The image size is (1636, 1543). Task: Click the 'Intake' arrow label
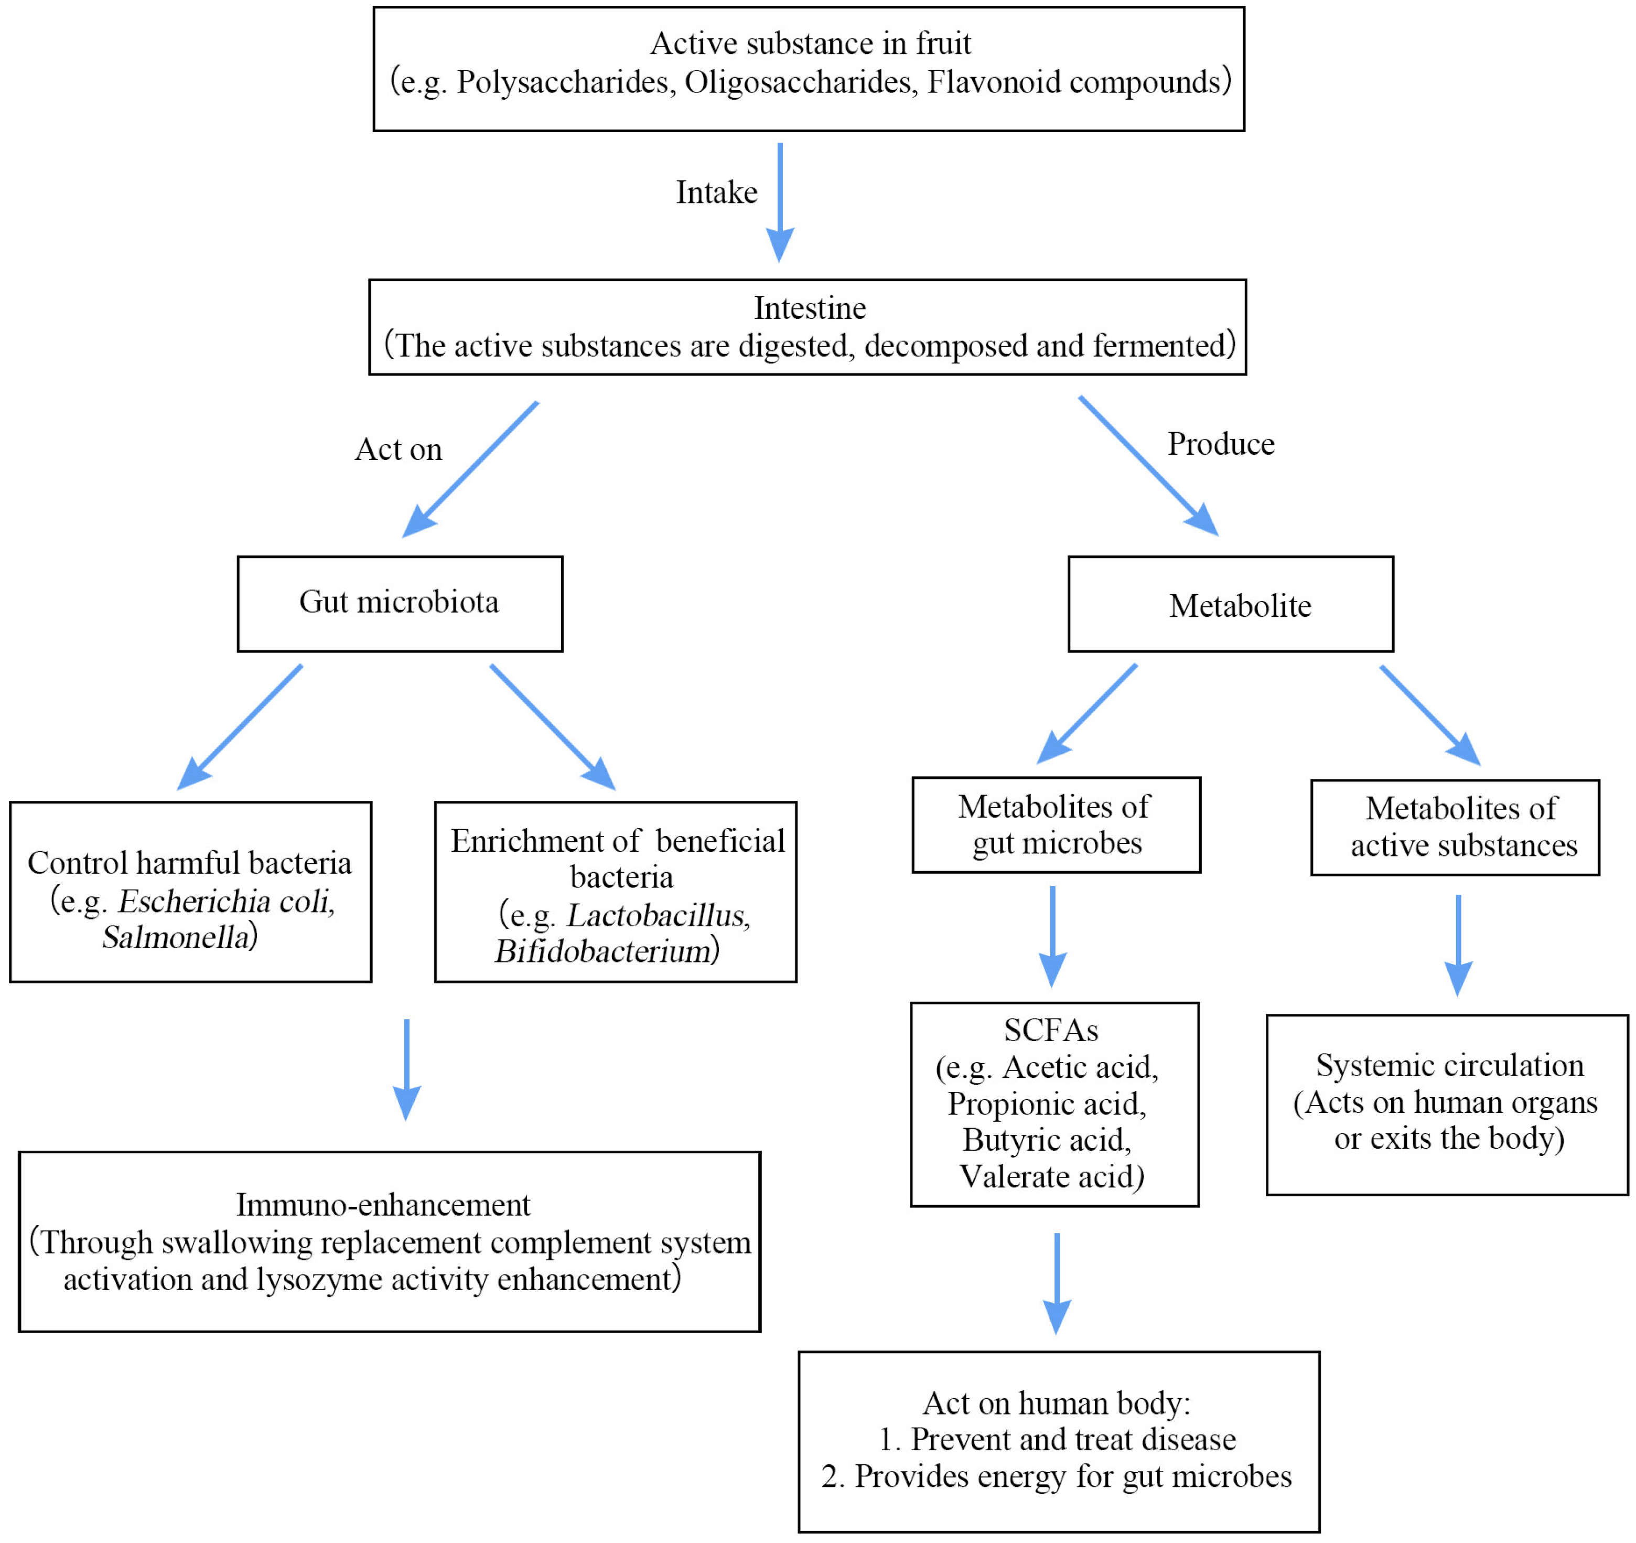click(x=716, y=192)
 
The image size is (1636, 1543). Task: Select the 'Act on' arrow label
click(x=399, y=449)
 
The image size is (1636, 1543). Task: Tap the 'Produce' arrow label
click(x=1220, y=444)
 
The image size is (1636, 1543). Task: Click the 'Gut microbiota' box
click(x=400, y=604)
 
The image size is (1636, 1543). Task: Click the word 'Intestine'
click(x=810, y=308)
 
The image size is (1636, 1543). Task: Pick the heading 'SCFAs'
click(x=1051, y=1030)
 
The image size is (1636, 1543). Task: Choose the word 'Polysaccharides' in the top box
click(x=562, y=82)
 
